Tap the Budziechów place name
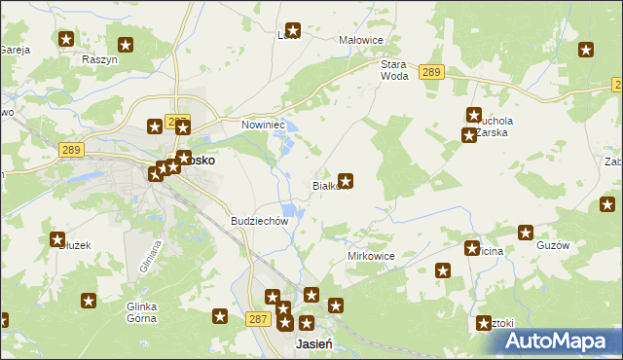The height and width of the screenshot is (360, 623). click(x=259, y=221)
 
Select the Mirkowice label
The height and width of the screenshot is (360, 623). click(x=370, y=256)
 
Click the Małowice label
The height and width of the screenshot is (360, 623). click(x=360, y=40)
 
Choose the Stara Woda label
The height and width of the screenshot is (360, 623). click(x=393, y=69)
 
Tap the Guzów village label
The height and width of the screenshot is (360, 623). click(x=552, y=246)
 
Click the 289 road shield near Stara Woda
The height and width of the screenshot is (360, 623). click(x=432, y=72)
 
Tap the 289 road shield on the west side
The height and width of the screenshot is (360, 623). click(x=70, y=150)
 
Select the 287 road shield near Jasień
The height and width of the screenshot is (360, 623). click(x=257, y=319)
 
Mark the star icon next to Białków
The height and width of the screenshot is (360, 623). click(x=345, y=180)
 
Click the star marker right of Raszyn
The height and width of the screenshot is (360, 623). click(x=126, y=44)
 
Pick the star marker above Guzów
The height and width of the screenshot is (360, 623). click(x=526, y=233)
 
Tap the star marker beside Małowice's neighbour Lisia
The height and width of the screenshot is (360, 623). click(x=292, y=30)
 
